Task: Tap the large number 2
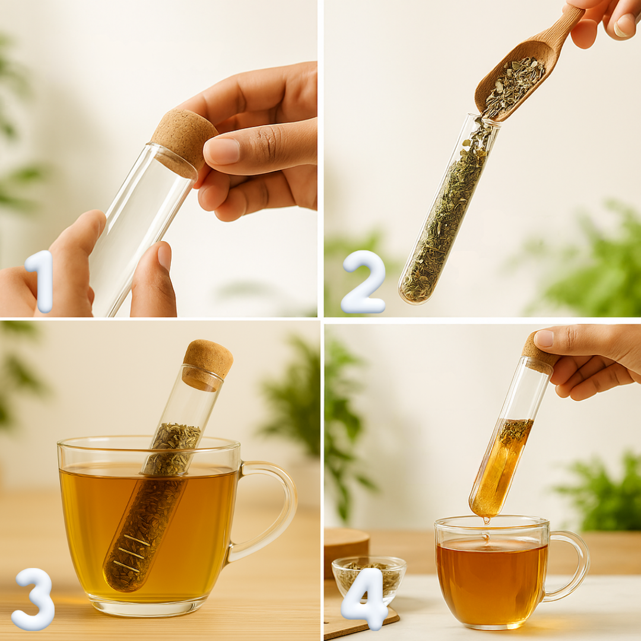pos(363,282)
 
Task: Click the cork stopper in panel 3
pos(207,364)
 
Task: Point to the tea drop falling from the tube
pos(486,520)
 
